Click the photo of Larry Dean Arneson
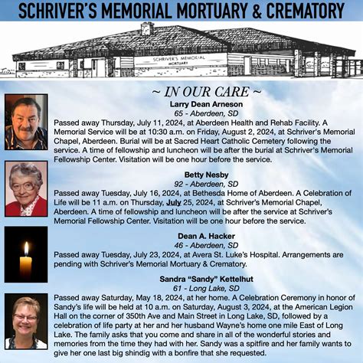point(26,122)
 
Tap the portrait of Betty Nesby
point(26,188)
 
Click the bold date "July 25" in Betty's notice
point(179,201)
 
